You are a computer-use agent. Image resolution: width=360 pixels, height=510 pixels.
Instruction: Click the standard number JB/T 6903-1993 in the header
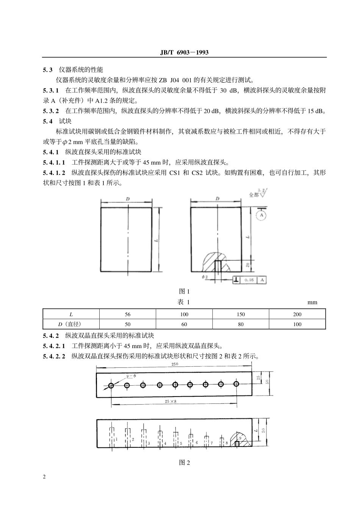click(x=184, y=52)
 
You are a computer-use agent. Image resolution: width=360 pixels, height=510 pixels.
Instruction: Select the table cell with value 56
click(x=128, y=314)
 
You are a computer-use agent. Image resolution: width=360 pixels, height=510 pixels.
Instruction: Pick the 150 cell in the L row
click(x=241, y=314)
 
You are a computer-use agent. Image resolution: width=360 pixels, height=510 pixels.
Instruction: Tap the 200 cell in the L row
click(x=297, y=314)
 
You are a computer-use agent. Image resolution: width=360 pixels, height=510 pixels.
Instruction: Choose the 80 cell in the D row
click(x=241, y=324)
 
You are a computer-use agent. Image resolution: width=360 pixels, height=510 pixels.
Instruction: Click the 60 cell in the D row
click(x=184, y=324)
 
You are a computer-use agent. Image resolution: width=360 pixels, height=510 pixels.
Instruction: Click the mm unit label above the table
click(x=312, y=302)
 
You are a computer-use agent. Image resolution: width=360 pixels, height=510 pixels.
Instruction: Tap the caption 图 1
click(x=184, y=291)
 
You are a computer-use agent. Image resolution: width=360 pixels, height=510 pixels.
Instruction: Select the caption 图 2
click(x=184, y=463)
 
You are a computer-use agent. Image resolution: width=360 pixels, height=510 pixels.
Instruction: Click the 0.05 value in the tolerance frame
click(x=249, y=280)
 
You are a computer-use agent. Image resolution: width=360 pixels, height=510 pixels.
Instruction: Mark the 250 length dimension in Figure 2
click(x=175, y=364)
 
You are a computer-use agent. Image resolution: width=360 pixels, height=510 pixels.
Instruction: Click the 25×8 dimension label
click(x=171, y=401)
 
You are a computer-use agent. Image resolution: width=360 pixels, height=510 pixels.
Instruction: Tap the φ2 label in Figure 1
click(x=205, y=277)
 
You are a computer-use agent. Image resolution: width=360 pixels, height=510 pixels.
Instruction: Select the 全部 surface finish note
click(x=254, y=195)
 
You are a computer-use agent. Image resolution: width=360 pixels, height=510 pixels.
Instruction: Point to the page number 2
click(x=44, y=477)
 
